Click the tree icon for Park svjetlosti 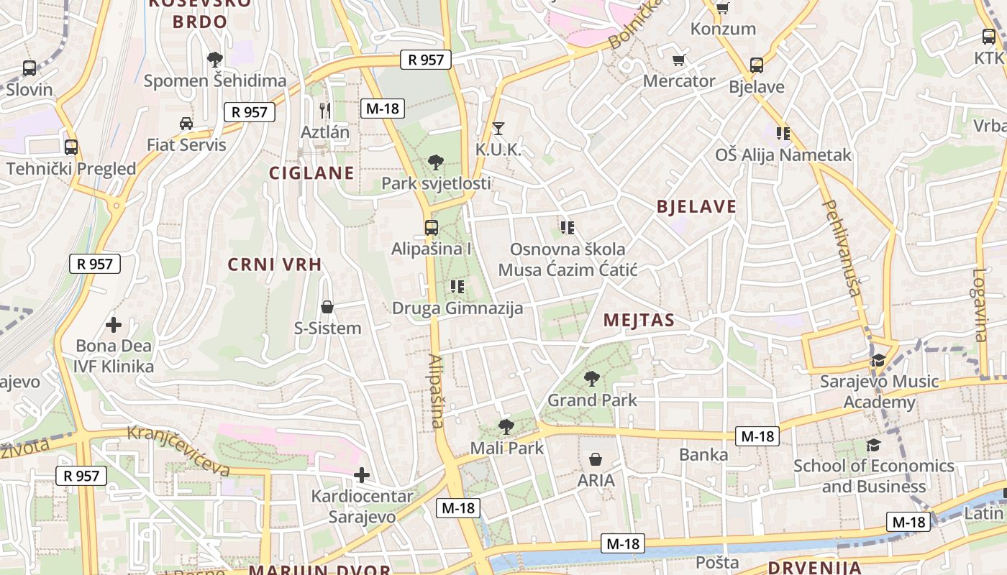tap(435, 162)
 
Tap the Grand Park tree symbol tap(592, 378)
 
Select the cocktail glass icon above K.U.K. tap(498, 129)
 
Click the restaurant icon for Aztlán tap(325, 110)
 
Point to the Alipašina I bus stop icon tap(431, 228)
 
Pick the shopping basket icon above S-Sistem tap(327, 308)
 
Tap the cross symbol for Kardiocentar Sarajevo tap(362, 475)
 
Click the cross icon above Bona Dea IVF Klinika tap(114, 325)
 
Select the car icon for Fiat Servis tap(186, 124)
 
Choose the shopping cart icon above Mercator tap(678, 60)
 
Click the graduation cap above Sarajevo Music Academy tap(878, 360)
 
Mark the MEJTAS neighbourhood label tap(639, 320)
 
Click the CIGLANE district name tap(311, 172)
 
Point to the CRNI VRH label tap(275, 264)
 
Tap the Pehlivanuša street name tap(840, 247)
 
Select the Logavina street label tap(980, 304)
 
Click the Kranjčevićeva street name tap(179, 451)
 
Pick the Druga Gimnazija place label tap(457, 308)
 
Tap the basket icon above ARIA tap(596, 459)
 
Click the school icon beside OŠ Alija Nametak tap(783, 133)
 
